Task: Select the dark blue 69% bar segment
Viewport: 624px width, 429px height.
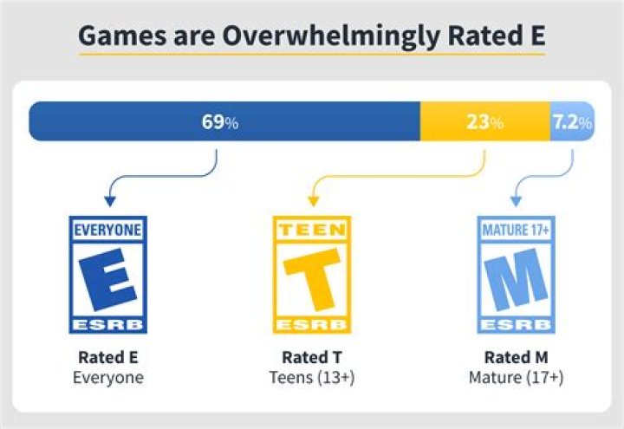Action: (130, 121)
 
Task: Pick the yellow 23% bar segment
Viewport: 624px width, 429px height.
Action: (451, 121)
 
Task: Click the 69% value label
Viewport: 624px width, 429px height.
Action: (219, 122)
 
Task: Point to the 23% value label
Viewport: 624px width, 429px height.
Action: (484, 122)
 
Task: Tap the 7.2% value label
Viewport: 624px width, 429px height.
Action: (572, 122)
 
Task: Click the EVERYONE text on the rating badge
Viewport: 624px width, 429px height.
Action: (107, 231)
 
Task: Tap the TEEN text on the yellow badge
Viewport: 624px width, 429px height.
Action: (312, 231)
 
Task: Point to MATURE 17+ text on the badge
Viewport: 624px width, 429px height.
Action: (517, 231)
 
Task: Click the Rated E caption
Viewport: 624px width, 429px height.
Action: (107, 357)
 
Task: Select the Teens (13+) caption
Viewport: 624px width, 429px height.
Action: (312, 378)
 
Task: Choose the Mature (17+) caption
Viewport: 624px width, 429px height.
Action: (517, 378)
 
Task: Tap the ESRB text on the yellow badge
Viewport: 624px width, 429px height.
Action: (312, 324)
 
